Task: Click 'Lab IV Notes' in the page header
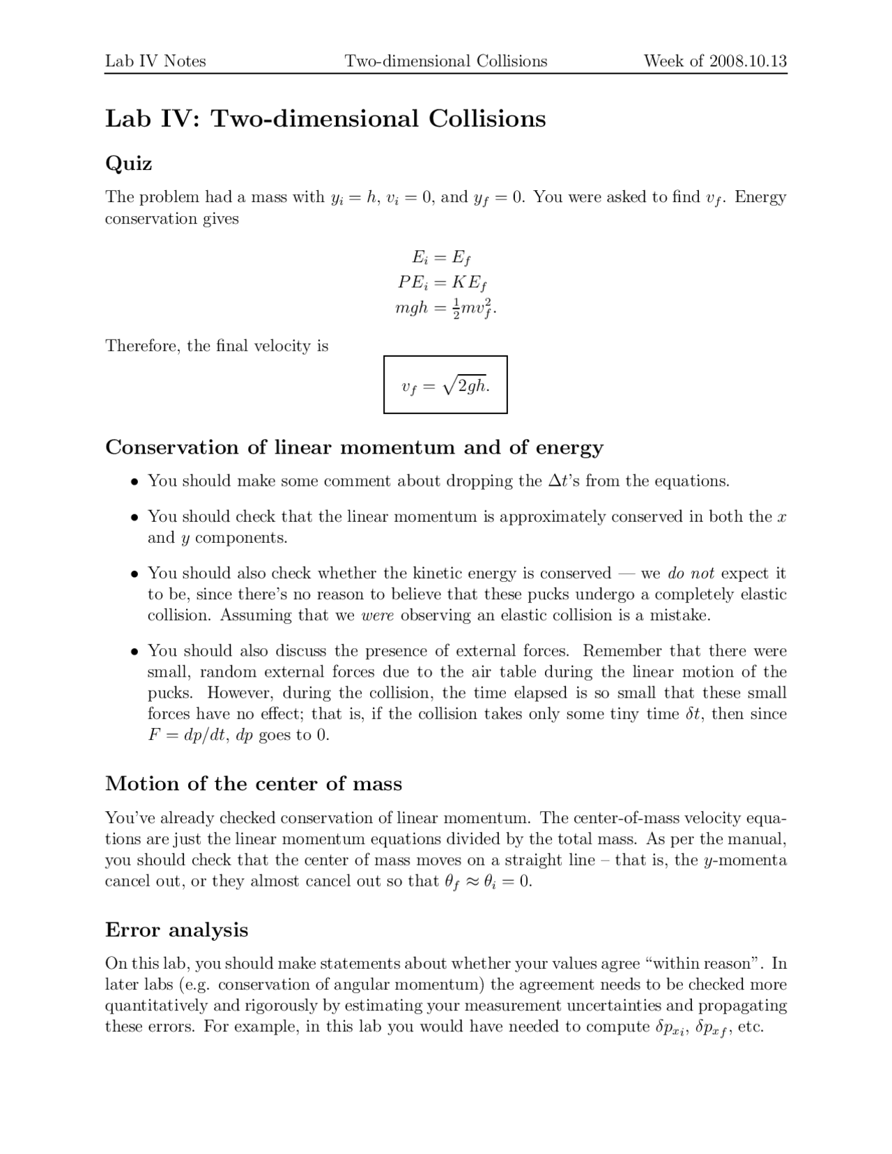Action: pos(155,61)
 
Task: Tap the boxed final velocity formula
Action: pos(445,385)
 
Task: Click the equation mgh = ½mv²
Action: pos(445,307)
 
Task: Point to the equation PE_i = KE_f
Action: pos(442,282)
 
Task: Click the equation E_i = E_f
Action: pos(441,258)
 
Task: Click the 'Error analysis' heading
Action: pos(176,930)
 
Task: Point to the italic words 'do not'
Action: pos(691,574)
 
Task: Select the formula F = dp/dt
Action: pos(185,735)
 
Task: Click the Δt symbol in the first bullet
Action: pos(555,481)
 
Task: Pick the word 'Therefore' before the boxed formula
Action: pos(141,346)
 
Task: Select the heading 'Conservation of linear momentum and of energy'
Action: pos(354,447)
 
